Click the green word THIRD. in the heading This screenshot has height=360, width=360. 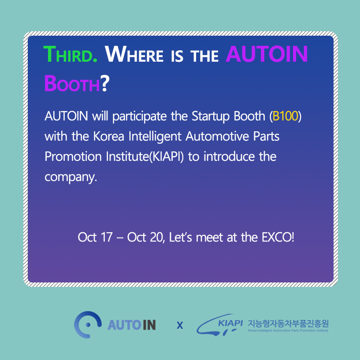coord(71,54)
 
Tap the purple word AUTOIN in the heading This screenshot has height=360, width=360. coord(267,54)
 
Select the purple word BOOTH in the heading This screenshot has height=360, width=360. coord(72,83)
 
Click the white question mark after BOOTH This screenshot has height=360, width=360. coord(105,83)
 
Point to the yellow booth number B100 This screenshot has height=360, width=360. coord(286,116)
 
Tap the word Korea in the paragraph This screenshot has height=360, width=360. coord(108,137)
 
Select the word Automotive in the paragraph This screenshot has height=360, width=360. coord(217,137)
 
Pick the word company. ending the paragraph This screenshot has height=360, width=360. coord(71,177)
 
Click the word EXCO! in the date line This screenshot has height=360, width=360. coord(278,237)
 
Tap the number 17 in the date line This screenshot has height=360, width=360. coord(107,237)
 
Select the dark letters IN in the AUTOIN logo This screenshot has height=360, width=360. coord(149,325)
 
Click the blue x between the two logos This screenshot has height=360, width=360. coord(180,325)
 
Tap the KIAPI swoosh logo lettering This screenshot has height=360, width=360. coord(230,323)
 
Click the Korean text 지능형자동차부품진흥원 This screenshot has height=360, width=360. coord(288,323)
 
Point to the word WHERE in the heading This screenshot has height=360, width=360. coord(134,54)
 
